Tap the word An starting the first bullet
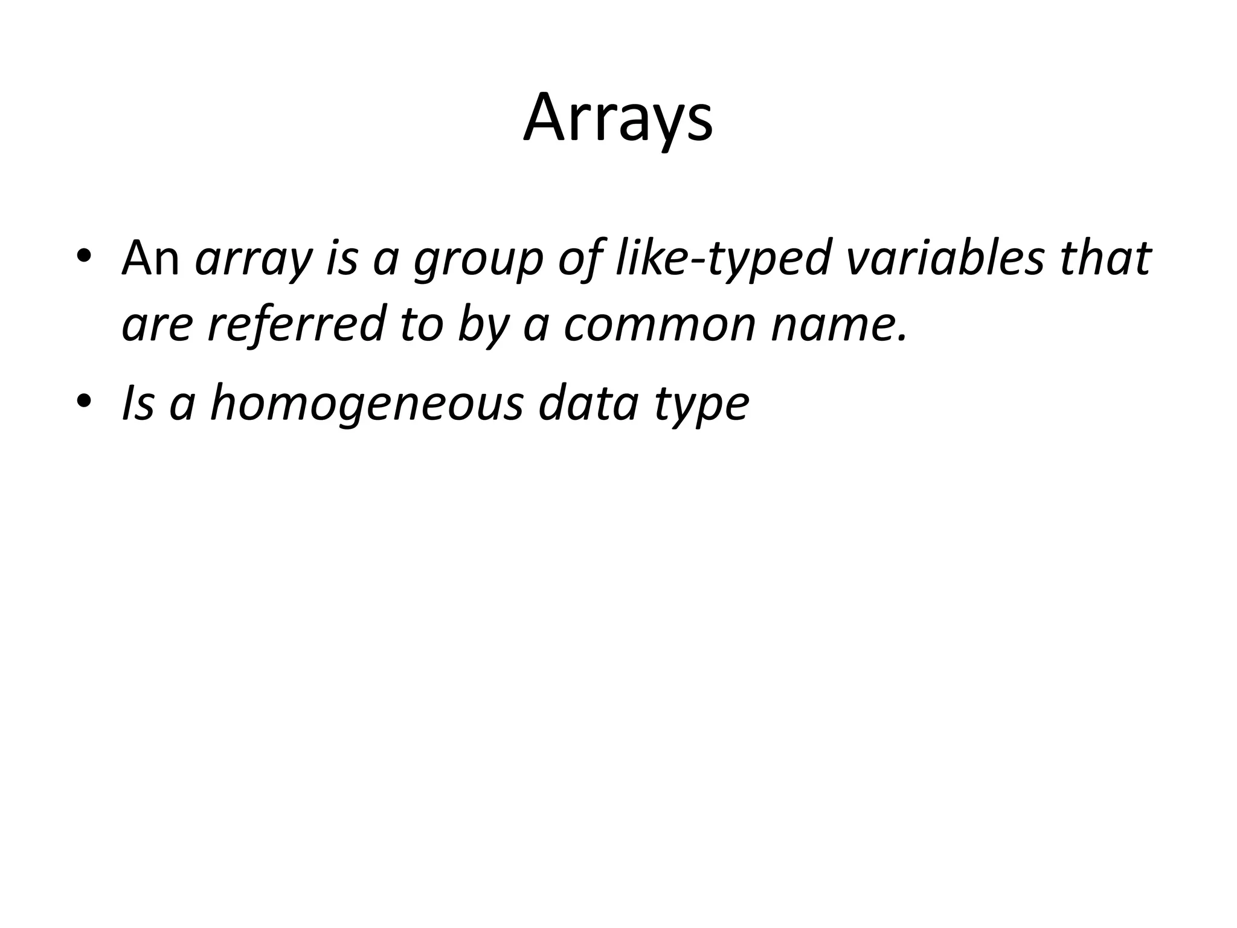coord(150,258)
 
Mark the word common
coord(659,325)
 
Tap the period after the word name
coord(903,338)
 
